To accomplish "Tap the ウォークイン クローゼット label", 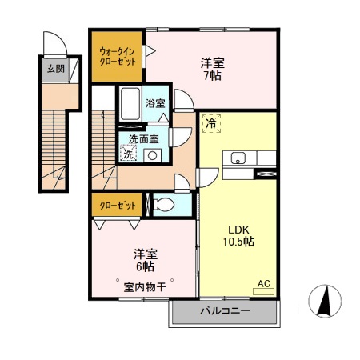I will [x=117, y=57].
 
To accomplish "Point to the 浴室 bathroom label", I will [x=155, y=103].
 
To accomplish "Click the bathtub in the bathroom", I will [x=130, y=103].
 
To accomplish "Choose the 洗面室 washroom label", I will [x=143, y=138].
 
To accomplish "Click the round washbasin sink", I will [x=151, y=155].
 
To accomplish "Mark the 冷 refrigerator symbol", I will [x=211, y=123].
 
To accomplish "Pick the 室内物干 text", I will [x=145, y=286].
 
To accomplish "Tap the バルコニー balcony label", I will [x=225, y=311].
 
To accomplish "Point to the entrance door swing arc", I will [x=53, y=42].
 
